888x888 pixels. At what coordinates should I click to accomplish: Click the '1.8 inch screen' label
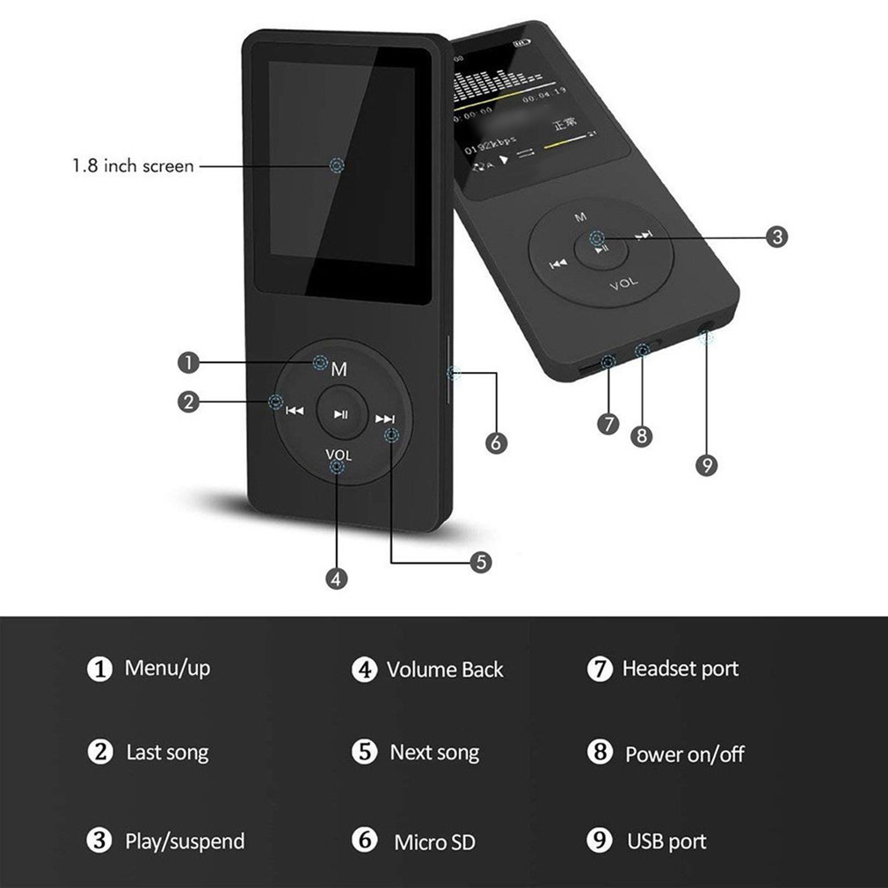tap(133, 165)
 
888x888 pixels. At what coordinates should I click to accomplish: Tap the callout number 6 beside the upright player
tap(496, 443)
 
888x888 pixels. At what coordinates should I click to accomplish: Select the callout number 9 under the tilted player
tap(706, 465)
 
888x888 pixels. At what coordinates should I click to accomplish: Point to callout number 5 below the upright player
tap(480, 562)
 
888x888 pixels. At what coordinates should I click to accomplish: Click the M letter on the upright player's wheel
tap(339, 370)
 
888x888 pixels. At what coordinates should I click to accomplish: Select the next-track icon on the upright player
tap(384, 419)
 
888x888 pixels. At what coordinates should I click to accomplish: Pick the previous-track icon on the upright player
tap(295, 410)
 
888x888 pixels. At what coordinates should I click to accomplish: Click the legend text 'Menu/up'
tap(167, 668)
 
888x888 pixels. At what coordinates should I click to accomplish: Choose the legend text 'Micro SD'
tap(434, 841)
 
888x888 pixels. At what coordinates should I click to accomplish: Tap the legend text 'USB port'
tap(666, 841)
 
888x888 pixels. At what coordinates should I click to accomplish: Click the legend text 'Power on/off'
tap(684, 753)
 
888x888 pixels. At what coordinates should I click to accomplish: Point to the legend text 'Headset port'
tap(680, 669)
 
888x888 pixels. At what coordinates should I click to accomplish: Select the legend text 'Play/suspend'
tap(185, 841)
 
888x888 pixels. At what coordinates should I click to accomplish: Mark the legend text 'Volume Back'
tap(445, 670)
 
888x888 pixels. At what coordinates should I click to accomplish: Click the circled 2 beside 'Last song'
tap(100, 753)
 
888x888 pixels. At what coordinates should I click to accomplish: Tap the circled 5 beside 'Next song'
tap(364, 753)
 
